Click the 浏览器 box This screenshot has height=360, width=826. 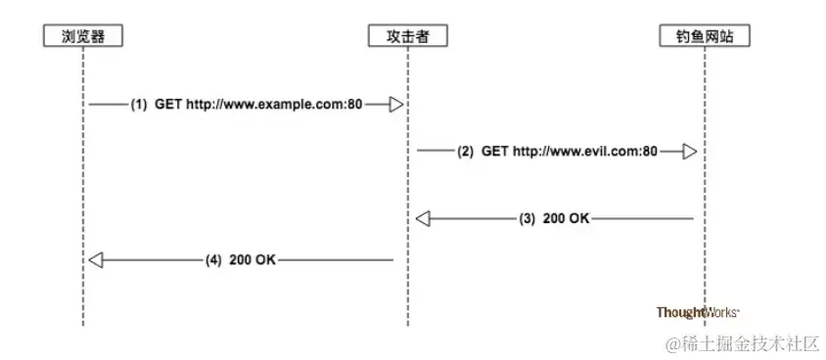(83, 36)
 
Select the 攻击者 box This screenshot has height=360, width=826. (405, 36)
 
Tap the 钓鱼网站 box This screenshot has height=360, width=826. (703, 36)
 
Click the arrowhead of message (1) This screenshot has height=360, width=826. (396, 104)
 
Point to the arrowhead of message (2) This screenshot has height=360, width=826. (690, 152)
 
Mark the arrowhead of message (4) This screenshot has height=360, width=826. (95, 260)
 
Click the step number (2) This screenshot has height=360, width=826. (465, 152)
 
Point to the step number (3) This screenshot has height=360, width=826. (528, 219)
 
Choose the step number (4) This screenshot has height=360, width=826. (214, 260)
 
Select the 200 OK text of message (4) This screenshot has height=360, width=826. (253, 260)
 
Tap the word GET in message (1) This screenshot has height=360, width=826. (167, 104)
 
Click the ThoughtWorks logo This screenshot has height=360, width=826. (697, 312)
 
